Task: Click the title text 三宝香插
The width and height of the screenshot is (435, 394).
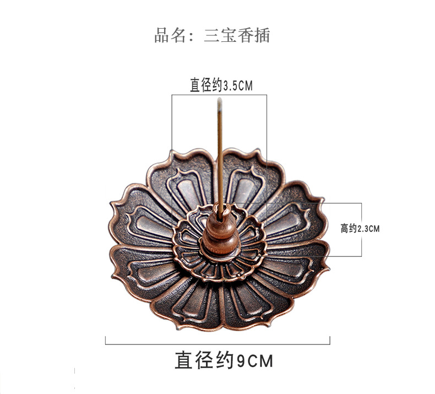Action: (x=237, y=36)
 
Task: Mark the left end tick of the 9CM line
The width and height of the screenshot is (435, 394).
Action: (x=105, y=341)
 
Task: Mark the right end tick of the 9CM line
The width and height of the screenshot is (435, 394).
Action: (x=330, y=341)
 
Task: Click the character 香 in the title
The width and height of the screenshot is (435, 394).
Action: (x=246, y=36)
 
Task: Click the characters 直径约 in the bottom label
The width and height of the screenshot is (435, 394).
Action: (x=204, y=360)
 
